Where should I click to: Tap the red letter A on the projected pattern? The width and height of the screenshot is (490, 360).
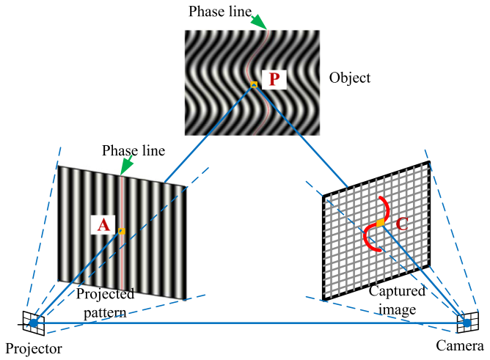pos(103,225)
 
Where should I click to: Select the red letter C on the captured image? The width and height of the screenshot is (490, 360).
pos(402,225)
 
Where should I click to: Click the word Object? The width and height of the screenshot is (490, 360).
pos(350,78)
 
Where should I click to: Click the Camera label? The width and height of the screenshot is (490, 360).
pos(464,347)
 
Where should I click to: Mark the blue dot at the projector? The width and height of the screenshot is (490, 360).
pos(33,323)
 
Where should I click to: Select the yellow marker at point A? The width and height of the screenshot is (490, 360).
pos(122,232)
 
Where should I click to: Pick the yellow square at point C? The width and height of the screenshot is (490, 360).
pos(380,221)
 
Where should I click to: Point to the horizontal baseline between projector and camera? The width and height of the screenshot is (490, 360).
pos(249,322)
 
